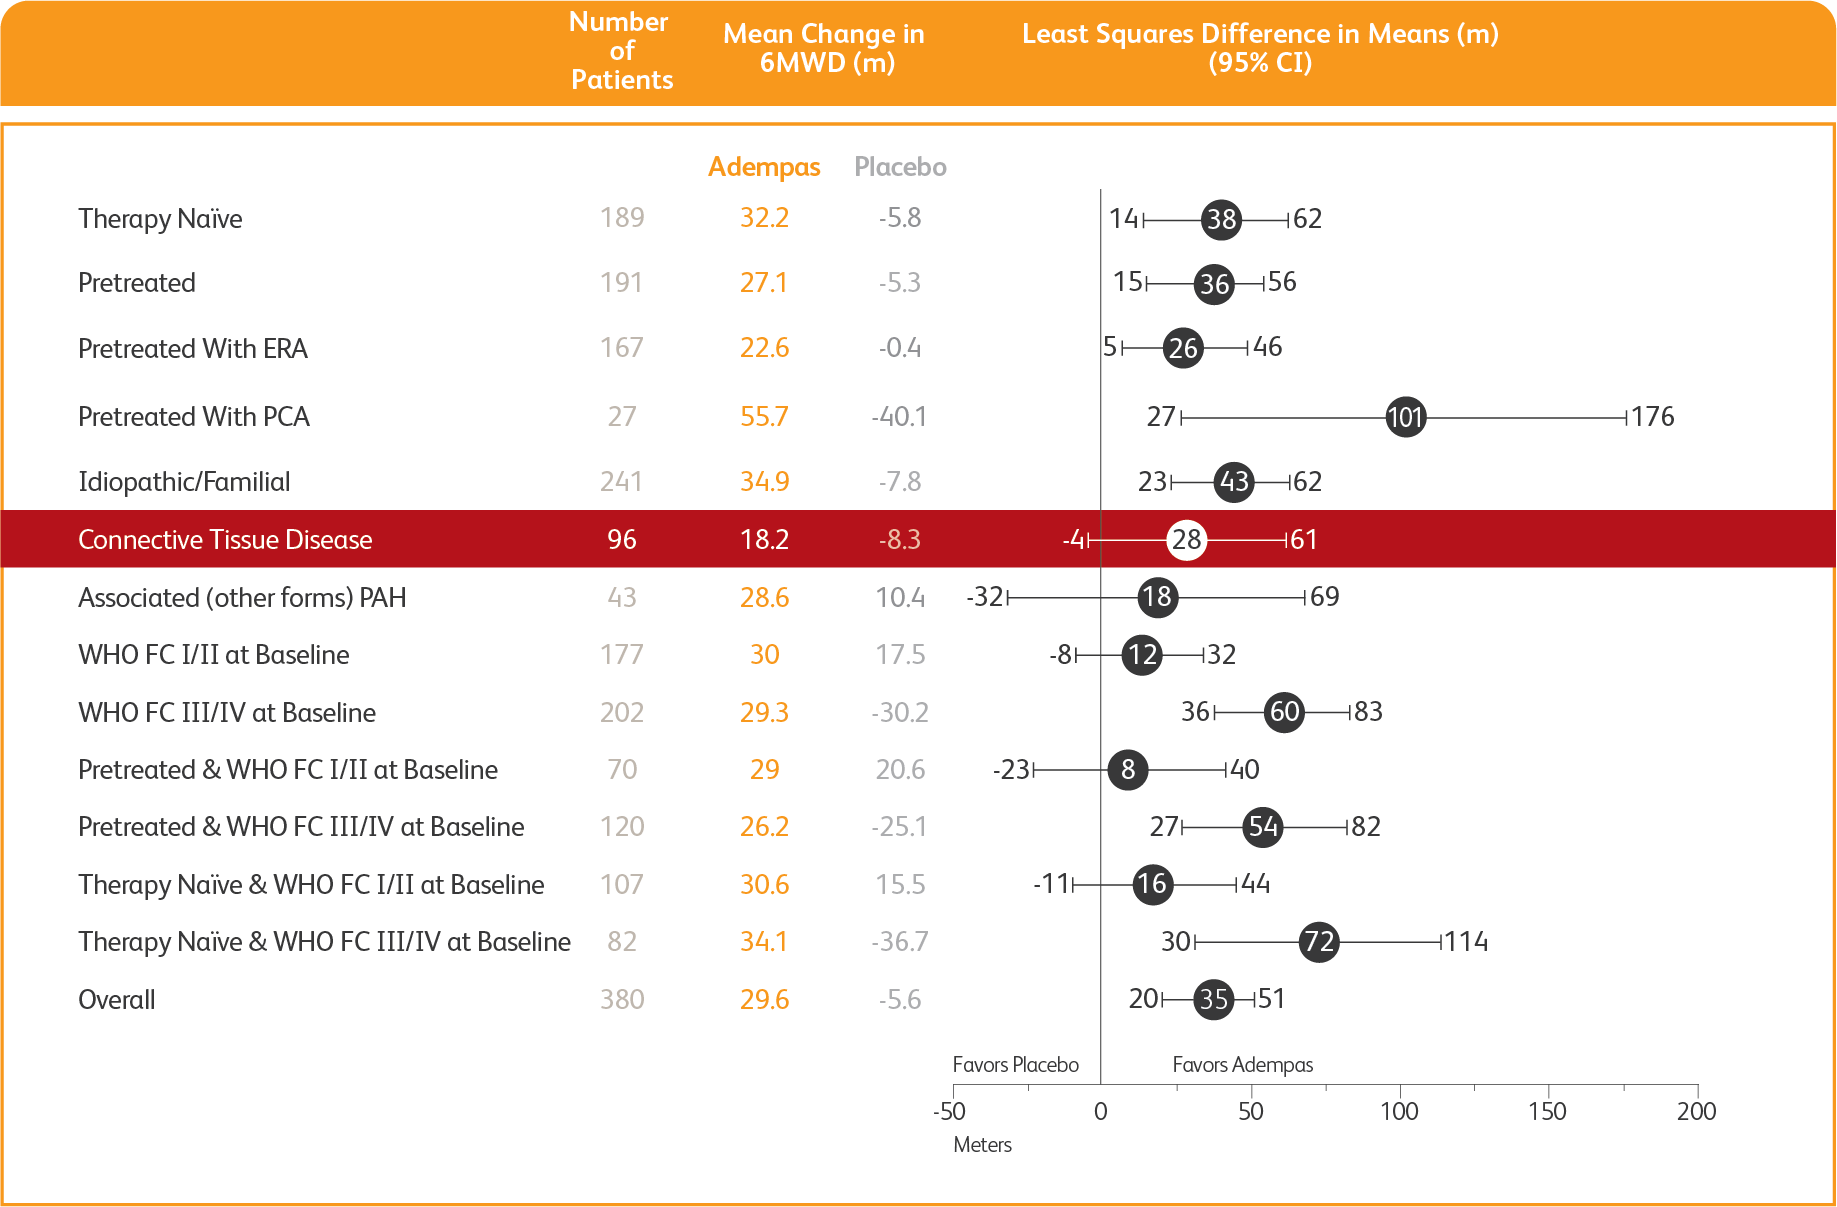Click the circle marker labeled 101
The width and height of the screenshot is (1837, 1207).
coord(1405,417)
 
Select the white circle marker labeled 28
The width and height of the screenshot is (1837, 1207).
coord(1186,540)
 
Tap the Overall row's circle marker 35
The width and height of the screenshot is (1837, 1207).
coord(1213,999)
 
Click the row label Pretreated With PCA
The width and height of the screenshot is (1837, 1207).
coord(194,417)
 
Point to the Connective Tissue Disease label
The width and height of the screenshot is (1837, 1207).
coord(225,540)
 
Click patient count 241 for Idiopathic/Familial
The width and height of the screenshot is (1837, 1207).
coord(621,482)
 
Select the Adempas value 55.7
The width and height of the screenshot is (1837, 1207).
coord(764,417)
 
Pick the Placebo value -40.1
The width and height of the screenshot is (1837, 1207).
coord(899,417)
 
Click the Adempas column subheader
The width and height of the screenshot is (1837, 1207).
coord(764,167)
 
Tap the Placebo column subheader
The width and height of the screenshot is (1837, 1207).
coord(900,167)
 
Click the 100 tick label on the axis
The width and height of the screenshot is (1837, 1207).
coord(1399,1111)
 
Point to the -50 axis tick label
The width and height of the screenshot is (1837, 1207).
coord(949,1111)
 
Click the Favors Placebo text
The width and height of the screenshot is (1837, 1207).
coord(1015,1065)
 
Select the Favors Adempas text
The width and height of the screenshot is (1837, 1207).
coord(1242,1065)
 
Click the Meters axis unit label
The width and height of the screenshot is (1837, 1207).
coord(982,1145)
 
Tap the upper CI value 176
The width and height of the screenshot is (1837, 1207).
coord(1652,417)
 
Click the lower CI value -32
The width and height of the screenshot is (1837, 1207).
coord(985,597)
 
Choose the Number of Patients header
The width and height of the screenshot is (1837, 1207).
coord(621,51)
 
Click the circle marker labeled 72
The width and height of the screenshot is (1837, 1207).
coord(1319,942)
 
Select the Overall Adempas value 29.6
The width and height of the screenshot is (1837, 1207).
coord(764,1000)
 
